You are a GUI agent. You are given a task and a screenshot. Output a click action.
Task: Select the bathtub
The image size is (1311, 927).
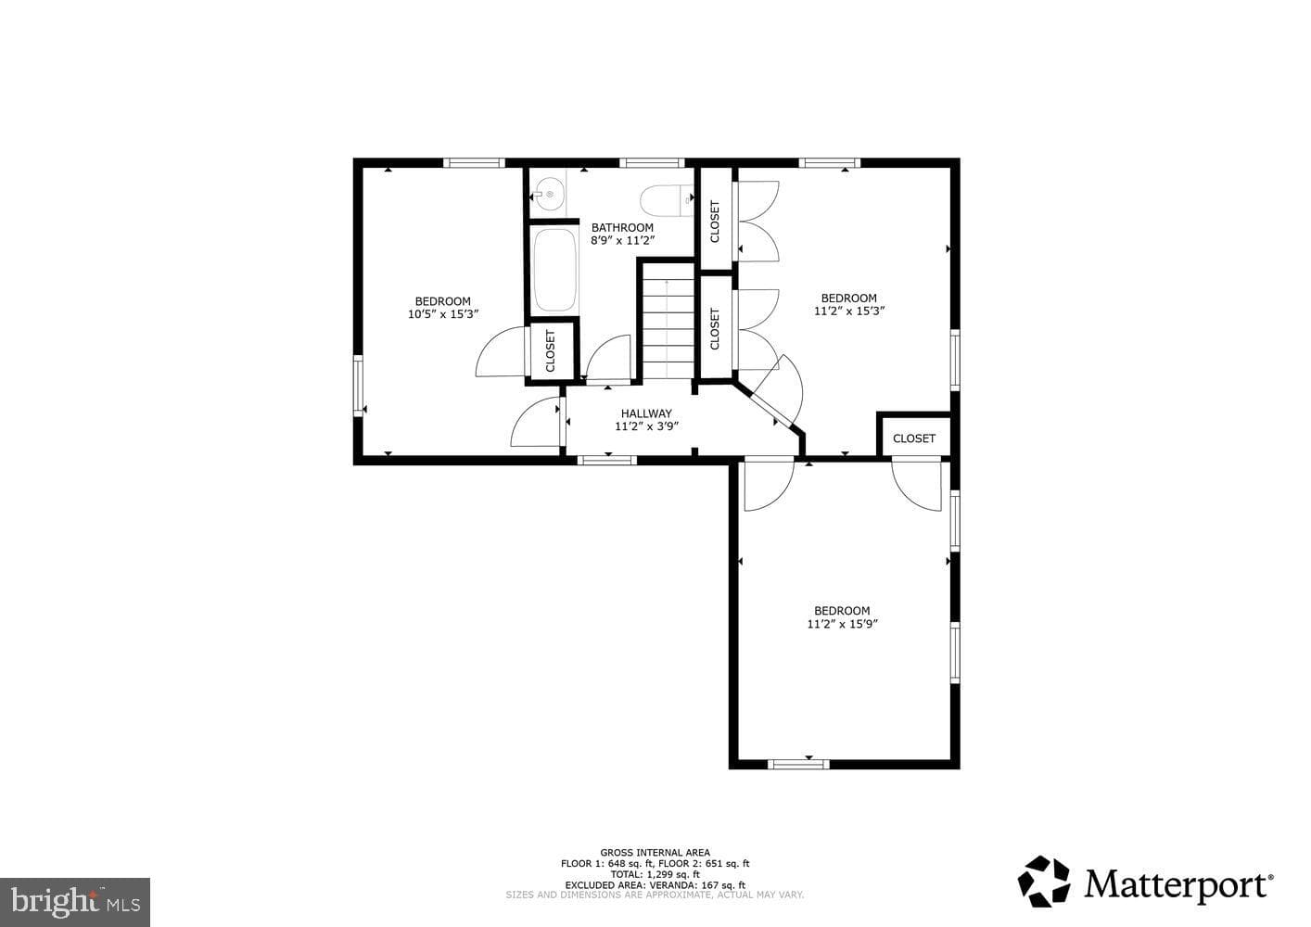point(554,270)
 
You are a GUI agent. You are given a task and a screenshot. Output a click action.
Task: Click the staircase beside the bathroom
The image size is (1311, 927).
point(668,321)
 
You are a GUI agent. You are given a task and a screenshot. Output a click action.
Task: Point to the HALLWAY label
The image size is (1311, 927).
point(646,413)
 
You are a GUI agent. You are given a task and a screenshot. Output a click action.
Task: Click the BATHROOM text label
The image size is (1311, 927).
point(622,227)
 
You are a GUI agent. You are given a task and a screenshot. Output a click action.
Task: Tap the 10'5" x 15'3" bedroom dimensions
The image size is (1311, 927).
point(443,314)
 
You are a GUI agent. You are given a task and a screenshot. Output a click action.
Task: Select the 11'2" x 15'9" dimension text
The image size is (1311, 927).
point(842,624)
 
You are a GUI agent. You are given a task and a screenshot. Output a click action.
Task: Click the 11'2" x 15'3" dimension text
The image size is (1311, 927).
point(848,311)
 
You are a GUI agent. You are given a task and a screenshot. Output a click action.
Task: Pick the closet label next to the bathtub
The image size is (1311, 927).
point(550,351)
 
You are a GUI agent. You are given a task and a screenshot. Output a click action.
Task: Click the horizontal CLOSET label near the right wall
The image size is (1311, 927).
point(913,438)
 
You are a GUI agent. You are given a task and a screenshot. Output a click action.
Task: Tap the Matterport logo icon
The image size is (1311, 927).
point(1044,882)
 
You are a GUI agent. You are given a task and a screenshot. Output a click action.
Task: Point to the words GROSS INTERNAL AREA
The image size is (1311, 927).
point(655,853)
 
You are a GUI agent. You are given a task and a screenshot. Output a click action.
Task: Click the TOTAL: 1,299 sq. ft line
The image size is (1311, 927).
point(655,874)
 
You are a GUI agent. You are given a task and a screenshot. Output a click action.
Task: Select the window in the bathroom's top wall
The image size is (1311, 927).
point(652,163)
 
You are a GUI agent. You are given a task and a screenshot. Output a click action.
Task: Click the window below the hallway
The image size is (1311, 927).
point(607,460)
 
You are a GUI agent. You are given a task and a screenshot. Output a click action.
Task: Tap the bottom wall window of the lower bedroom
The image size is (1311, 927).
point(798,764)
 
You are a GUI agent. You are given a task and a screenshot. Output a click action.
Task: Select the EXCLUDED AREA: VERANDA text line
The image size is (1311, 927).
point(655,885)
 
